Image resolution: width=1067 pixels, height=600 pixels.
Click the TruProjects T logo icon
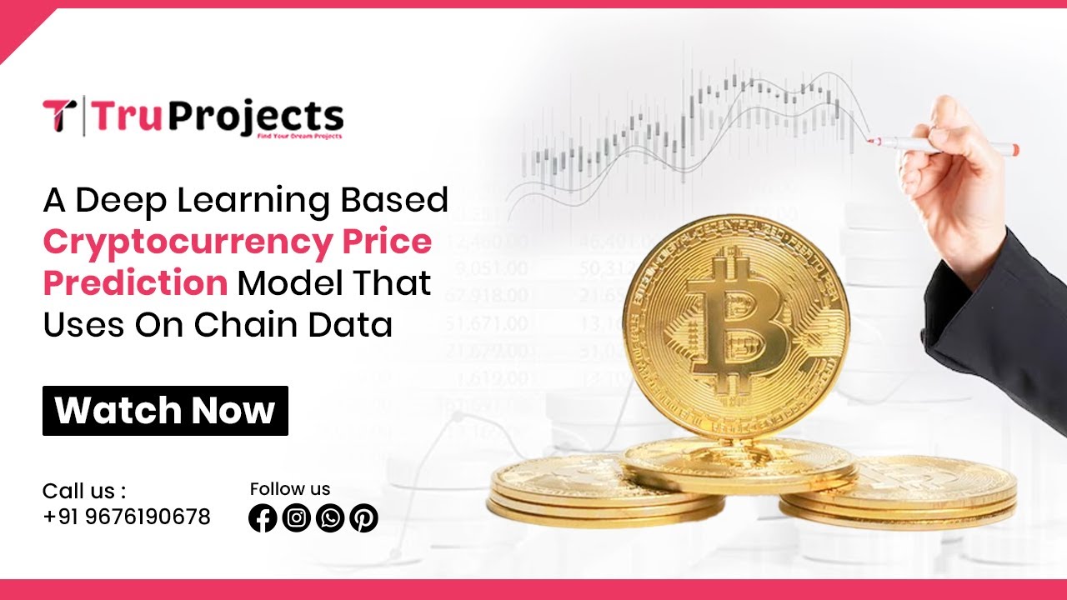click(x=59, y=116)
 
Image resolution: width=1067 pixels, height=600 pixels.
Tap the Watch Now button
click(x=165, y=411)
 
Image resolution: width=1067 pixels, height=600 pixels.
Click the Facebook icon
click(x=263, y=518)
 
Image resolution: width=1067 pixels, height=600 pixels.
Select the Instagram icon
click(x=296, y=518)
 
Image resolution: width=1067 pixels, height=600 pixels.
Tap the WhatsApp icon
click(x=330, y=518)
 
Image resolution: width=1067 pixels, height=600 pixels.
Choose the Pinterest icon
click(x=363, y=518)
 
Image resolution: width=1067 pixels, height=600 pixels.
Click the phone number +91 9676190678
click(x=127, y=517)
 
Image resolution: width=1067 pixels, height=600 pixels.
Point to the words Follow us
click(x=290, y=489)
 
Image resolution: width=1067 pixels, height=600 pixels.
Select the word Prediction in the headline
click(x=135, y=283)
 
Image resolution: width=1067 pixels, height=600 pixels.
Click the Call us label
click(x=84, y=490)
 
